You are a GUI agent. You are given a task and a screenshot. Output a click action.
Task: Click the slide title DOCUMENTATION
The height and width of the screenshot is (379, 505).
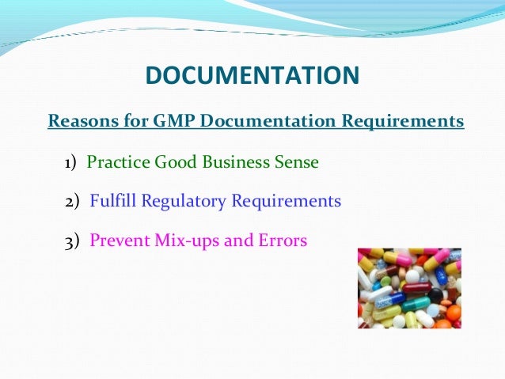[x=252, y=75]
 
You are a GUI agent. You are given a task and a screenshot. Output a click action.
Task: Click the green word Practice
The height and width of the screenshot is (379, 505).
[x=118, y=163]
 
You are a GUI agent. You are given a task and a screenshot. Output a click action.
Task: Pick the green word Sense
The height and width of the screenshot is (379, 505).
[x=296, y=163]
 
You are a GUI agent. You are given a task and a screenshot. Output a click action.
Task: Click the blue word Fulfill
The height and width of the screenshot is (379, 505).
[x=114, y=202]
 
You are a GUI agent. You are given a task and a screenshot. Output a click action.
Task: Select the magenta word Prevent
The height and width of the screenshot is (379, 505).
[x=119, y=241]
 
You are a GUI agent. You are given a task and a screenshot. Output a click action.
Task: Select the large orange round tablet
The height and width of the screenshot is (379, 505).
[x=454, y=312]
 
